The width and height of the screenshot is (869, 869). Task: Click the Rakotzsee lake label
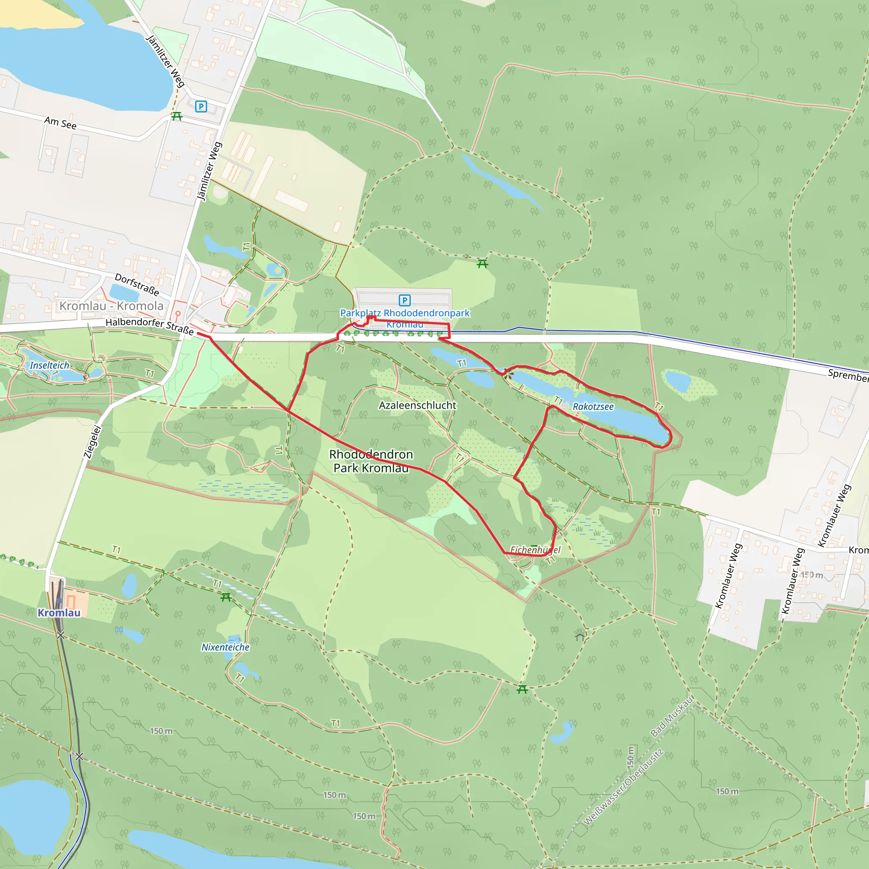(593, 406)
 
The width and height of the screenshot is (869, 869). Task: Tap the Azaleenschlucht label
(418, 405)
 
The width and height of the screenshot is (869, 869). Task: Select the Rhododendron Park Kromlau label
(371, 461)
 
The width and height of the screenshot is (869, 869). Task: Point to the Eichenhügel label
(535, 549)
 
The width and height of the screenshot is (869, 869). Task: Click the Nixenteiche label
(225, 647)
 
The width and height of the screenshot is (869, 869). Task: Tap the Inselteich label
(50, 365)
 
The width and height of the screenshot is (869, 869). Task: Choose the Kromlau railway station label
(59, 613)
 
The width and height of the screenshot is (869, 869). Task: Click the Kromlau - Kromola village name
(112, 306)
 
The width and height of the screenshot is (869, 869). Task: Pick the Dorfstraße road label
(137, 284)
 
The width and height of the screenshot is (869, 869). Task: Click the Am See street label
(60, 123)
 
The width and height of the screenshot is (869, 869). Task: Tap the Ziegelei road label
(93, 442)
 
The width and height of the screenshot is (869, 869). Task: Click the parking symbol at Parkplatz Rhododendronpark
(404, 300)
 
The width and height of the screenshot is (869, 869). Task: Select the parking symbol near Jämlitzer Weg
(201, 107)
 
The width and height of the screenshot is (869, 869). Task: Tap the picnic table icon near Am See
(177, 117)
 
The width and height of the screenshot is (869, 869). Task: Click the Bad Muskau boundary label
(672, 717)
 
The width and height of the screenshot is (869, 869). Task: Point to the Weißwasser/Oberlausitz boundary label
(623, 787)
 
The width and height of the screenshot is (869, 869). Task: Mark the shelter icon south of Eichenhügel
(580, 636)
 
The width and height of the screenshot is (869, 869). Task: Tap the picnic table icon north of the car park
(482, 264)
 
